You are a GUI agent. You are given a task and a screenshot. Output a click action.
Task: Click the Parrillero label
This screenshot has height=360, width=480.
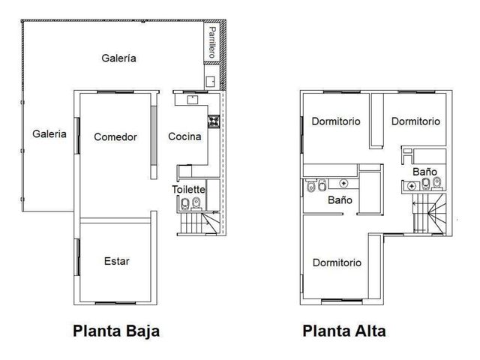coord(211,42)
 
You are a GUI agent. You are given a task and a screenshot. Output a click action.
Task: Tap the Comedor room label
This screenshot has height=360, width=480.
coord(115,136)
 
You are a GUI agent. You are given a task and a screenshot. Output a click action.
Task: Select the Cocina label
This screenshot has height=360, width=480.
coord(184,136)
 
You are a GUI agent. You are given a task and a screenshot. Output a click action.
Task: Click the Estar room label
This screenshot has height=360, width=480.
coord(117,261)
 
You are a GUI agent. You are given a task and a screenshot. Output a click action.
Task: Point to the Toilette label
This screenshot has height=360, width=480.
coord(188,189)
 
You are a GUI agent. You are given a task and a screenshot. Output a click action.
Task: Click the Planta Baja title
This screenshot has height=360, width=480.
coord(116,331)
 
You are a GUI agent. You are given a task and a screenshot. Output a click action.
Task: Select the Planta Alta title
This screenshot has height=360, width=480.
coord(344,331)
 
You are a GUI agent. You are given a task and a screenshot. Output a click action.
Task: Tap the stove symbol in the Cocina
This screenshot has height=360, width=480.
coord(214,121)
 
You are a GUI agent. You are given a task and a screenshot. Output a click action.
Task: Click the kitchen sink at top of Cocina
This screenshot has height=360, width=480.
coord(193,100)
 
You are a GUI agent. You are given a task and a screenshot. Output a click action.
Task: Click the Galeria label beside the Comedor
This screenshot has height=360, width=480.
coord(49,133)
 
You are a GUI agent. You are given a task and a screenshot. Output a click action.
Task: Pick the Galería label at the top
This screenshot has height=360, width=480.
coord(118,58)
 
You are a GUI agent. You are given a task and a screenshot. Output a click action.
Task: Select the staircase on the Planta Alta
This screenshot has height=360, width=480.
coord(429,213)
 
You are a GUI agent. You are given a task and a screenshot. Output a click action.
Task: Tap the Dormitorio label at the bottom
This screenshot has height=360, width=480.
coord(337,262)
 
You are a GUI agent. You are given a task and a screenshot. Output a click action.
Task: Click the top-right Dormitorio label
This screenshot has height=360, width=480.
coord(415,121)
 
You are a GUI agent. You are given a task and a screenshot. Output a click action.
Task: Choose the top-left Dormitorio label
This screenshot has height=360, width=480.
coord(336,121)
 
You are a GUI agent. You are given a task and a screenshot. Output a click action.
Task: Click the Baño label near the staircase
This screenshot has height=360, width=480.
coord(424,172)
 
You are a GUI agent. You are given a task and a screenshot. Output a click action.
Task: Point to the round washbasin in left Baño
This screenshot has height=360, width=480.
coord(344,183)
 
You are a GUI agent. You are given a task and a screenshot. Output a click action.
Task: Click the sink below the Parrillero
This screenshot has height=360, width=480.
coord(210,82)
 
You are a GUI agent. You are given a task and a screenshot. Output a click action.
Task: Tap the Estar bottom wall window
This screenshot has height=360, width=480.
coord(115,303)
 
